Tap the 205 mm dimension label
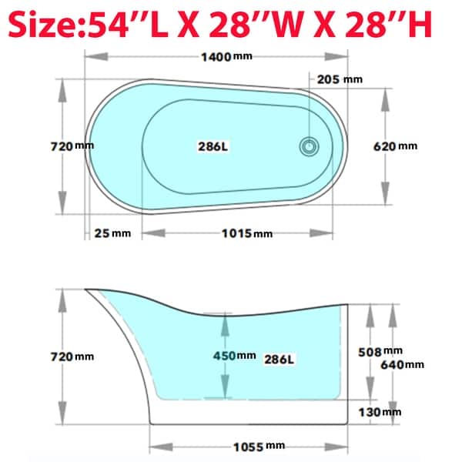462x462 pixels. click(340, 79)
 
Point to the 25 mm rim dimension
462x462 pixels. click(113, 233)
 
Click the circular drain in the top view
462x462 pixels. click(309, 146)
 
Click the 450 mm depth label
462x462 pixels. click(235, 356)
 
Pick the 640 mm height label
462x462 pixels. click(403, 364)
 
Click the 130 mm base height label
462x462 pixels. click(380, 412)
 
